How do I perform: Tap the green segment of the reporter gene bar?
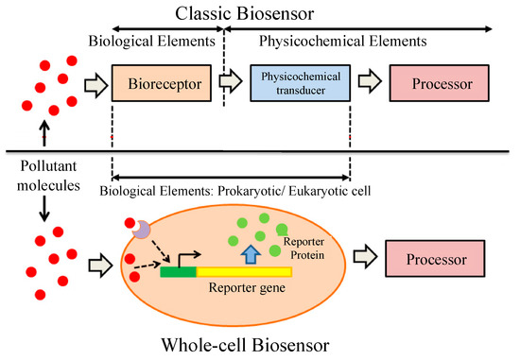pyautogui.click(x=178, y=274)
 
